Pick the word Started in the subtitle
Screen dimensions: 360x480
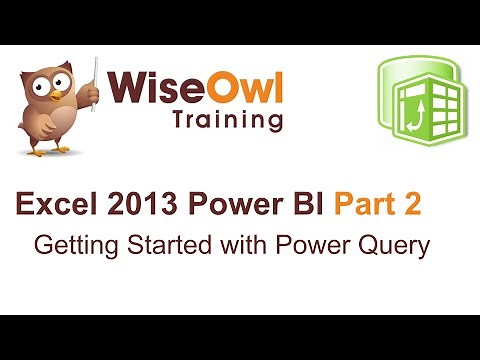pyautogui.click(x=151, y=245)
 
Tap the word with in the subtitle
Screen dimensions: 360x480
pyautogui.click(x=215, y=245)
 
